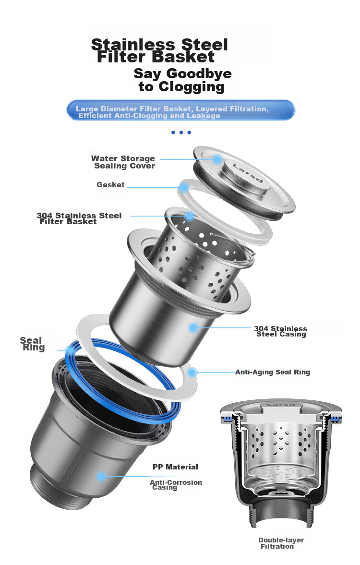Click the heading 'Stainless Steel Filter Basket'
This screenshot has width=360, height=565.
[159, 51]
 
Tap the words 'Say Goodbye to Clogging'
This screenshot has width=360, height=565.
[182, 80]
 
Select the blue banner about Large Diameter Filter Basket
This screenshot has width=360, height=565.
[180, 110]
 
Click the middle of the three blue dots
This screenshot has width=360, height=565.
[181, 132]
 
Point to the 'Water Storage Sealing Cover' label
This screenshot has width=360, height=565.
[123, 162]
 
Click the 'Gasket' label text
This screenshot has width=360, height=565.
[110, 185]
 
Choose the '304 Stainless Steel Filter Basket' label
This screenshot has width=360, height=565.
[79, 218]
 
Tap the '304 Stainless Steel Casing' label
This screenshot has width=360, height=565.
[281, 331]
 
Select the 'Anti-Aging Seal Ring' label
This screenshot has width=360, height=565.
[273, 372]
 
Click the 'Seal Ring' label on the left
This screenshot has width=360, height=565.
[32, 344]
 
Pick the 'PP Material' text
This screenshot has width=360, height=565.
[176, 467]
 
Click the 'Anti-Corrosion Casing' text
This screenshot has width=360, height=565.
[176, 485]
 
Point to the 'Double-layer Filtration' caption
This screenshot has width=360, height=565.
[281, 543]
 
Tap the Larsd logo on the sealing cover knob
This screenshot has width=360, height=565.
[248, 172]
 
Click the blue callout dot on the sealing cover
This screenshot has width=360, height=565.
[217, 159]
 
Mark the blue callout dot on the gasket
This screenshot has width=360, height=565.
[184, 187]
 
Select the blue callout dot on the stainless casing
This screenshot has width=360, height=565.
[193, 327]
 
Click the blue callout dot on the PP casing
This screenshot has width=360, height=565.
[101, 477]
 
